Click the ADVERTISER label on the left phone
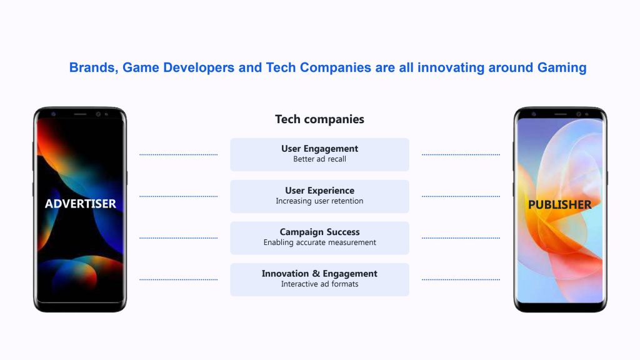(x=81, y=204)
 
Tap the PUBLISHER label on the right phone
(x=559, y=204)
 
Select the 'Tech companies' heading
(x=319, y=119)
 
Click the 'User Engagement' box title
(x=319, y=149)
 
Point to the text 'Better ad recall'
(x=319, y=159)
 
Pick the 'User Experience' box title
(x=319, y=190)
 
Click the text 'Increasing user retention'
(x=319, y=201)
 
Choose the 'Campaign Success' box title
(x=319, y=232)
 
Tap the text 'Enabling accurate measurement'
(x=319, y=242)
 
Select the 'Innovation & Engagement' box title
(x=319, y=274)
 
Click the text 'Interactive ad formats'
(x=319, y=284)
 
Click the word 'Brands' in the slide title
(x=94, y=67)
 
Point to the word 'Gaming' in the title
(x=562, y=67)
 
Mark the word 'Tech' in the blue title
(x=281, y=67)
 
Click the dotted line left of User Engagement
(x=178, y=155)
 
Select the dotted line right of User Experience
(x=461, y=196)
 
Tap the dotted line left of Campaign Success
(x=178, y=238)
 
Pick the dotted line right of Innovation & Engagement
(x=461, y=279)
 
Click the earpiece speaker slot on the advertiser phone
(x=80, y=114)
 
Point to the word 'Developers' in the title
(x=199, y=67)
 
